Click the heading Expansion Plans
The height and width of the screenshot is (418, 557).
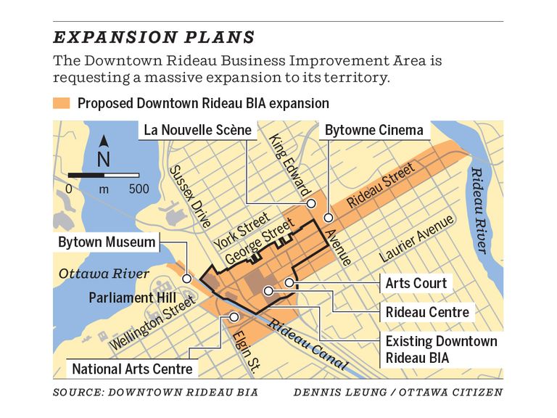(154, 37)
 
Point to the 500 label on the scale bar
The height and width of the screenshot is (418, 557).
(138, 189)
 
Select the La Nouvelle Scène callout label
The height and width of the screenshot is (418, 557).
(197, 131)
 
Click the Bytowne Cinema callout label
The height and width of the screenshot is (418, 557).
(374, 131)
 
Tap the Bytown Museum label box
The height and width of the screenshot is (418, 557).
(107, 242)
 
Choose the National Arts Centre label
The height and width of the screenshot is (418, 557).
(133, 369)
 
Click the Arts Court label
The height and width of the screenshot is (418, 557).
(416, 282)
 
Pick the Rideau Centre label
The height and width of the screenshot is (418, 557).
(427, 313)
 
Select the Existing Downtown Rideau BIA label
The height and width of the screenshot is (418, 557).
(441, 349)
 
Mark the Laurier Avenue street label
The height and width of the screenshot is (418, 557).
(416, 238)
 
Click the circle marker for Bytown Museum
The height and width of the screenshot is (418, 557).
(187, 279)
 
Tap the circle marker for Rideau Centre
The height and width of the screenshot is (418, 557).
(268, 291)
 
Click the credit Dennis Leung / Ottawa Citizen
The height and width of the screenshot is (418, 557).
(398, 393)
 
